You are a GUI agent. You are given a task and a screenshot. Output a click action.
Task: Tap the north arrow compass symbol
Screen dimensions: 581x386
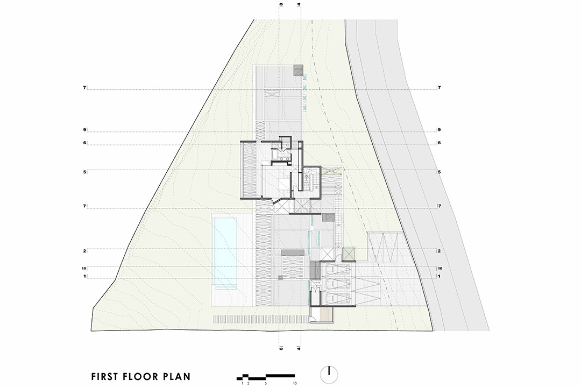pos(329,375)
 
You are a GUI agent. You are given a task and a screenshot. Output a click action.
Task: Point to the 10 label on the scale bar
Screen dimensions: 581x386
pos(294,383)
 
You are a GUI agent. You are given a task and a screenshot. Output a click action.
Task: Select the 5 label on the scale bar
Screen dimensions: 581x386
pos(266,383)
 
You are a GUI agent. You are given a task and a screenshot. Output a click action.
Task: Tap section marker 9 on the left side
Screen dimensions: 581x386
pos(85,130)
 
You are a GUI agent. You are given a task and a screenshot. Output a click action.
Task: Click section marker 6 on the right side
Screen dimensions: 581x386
pos(440,143)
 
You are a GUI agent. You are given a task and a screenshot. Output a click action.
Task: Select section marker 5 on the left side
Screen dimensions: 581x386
pos(85,172)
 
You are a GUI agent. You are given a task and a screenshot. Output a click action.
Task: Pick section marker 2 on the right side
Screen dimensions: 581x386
pos(439,251)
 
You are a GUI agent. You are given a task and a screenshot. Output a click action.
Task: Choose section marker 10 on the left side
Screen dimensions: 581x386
pos(84,268)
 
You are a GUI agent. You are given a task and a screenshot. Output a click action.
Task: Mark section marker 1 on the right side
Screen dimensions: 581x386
pos(439,276)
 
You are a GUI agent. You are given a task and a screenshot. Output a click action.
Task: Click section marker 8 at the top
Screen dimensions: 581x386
pos(281,4)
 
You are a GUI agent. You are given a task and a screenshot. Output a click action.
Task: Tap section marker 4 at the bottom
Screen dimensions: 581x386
pos(299,348)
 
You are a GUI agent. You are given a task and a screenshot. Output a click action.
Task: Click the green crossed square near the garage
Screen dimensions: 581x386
pos(349,254)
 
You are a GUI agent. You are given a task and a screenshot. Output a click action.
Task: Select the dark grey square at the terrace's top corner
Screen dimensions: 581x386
pos(298,71)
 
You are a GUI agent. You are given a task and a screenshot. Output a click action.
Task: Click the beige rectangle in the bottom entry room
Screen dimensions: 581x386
pos(327,315)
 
